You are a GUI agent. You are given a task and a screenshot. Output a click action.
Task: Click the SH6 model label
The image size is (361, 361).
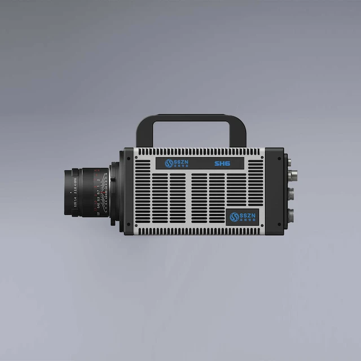tap(222, 164)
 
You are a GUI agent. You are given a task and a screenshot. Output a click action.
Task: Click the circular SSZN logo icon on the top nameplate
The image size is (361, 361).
tap(169, 164)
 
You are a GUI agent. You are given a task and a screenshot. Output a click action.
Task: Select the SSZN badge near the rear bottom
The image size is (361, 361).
tap(243, 217)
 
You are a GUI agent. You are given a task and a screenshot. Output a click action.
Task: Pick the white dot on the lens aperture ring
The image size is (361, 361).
tap(72, 192)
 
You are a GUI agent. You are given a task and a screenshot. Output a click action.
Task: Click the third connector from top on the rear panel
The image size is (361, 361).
tap(290, 195)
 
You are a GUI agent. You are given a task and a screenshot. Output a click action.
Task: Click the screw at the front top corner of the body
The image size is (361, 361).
tap(129, 159)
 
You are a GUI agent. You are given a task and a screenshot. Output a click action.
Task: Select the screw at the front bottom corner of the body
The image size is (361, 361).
tap(129, 224)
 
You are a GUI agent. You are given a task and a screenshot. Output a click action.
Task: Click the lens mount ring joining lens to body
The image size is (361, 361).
tap(115, 192)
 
